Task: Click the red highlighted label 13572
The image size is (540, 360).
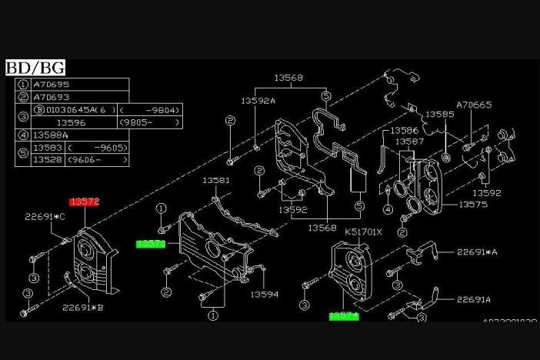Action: pyautogui.click(x=85, y=202)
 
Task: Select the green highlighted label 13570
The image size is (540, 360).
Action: pyautogui.click(x=152, y=244)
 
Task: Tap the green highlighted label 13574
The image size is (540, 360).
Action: pyautogui.click(x=344, y=315)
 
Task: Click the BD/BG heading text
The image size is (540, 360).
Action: pyautogui.click(x=35, y=68)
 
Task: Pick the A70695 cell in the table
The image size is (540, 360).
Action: pyautogui.click(x=50, y=84)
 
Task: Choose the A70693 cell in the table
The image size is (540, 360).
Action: pyautogui.click(x=50, y=97)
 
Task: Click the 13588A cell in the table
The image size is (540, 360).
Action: pyautogui.click(x=52, y=135)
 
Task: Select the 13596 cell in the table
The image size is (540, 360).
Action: pyautogui.click(x=72, y=122)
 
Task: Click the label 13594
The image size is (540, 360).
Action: pyautogui.click(x=263, y=294)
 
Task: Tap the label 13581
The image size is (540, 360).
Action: pyautogui.click(x=216, y=180)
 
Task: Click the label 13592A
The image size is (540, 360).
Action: pyautogui.click(x=258, y=100)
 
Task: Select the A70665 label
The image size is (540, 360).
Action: pyautogui.click(x=474, y=105)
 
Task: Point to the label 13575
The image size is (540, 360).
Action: pyautogui.click(x=474, y=205)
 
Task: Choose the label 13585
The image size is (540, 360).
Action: pyautogui.click(x=441, y=114)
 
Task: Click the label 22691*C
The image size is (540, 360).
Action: pyautogui.click(x=44, y=217)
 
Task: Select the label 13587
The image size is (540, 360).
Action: pyautogui.click(x=410, y=142)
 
